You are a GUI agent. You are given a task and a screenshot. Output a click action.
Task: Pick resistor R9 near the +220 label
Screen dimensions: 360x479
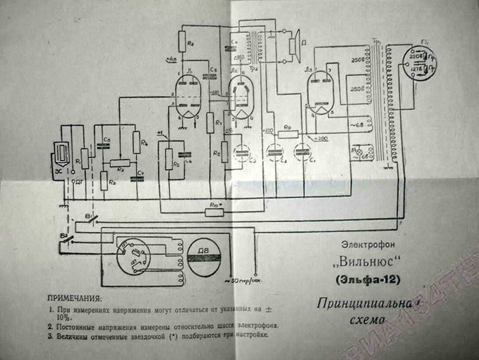pyautogui.click(x=288, y=134)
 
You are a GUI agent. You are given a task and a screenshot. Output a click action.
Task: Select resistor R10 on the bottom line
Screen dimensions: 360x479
pyautogui.click(x=214, y=213)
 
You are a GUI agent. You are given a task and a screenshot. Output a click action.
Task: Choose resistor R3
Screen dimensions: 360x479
pyautogui.click(x=104, y=181)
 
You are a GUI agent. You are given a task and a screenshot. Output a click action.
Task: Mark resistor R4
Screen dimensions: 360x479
pyautogui.click(x=137, y=142)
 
